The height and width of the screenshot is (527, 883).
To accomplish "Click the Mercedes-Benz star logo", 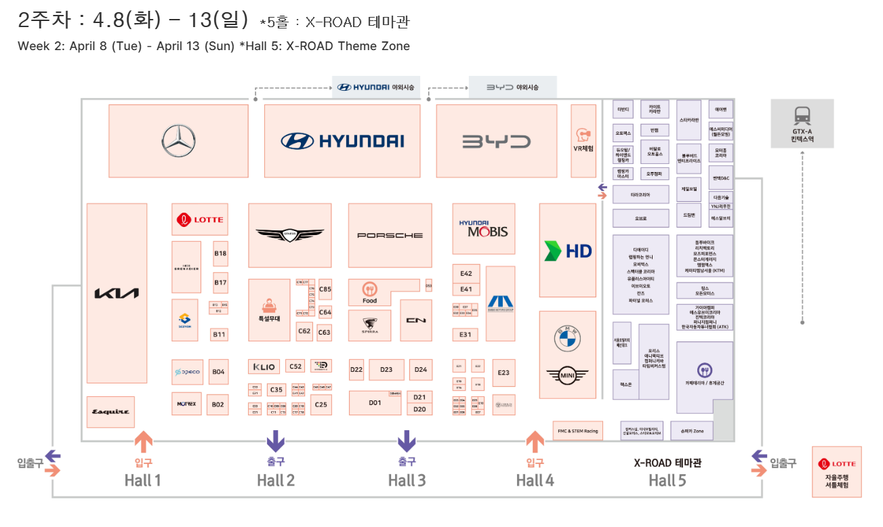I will (178, 141).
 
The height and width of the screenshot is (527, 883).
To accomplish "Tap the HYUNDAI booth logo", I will (342, 141).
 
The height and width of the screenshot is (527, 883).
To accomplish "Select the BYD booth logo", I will (496, 142).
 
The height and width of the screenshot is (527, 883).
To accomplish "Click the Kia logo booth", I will (117, 293).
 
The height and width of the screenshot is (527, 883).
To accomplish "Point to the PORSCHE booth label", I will (390, 235).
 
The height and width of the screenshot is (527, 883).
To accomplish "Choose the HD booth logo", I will (568, 251).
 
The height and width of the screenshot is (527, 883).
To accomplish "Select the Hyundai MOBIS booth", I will (483, 228).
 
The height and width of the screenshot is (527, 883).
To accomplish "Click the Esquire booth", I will (110, 412).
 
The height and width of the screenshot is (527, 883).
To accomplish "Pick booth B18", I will (220, 253).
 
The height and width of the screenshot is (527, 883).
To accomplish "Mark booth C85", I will (325, 289).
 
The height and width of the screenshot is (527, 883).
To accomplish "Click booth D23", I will (386, 370).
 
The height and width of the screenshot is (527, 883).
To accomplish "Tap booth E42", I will (466, 274).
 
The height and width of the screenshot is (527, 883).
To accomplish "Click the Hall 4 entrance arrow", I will (535, 442).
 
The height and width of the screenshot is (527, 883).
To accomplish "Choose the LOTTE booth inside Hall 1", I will (200, 219).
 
